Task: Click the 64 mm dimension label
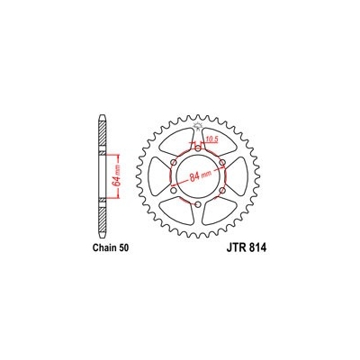click(116, 168)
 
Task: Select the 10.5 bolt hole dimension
click(212, 140)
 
